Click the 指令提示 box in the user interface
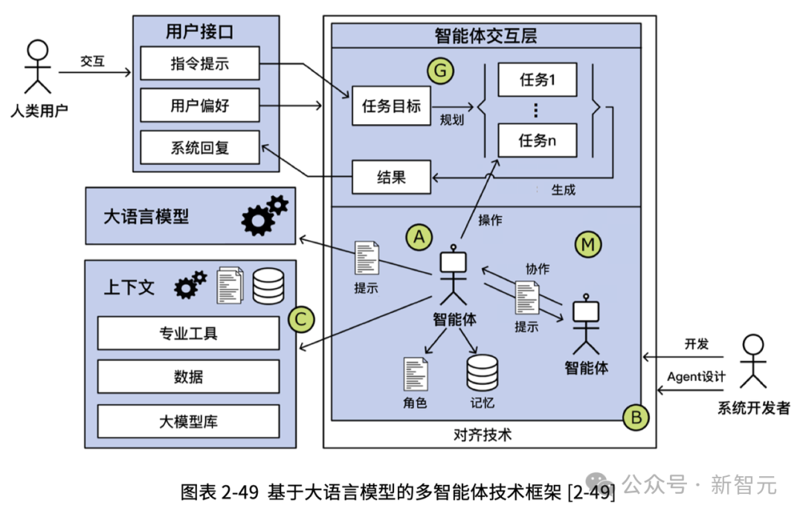200,63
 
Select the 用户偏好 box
200,105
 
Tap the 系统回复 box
200,147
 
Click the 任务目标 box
391,106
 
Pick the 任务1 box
538,79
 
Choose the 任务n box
538,140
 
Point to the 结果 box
391,177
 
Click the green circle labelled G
440,71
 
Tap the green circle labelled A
419,237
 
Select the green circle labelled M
588,244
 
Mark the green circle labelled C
300,319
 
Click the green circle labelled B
636,417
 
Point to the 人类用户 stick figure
38,67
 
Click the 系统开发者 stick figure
752,362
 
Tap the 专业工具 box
188,334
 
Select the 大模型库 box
188,421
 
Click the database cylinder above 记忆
482,373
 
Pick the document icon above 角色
416,374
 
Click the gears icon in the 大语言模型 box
264,215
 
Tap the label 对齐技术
482,435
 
